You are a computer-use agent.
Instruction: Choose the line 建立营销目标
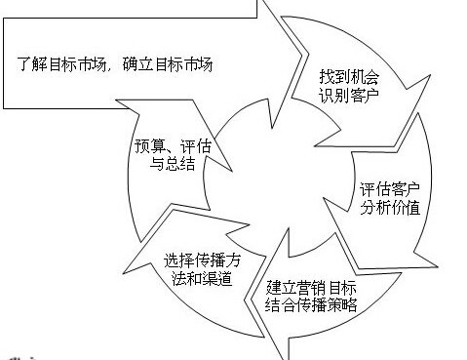tap(312, 288)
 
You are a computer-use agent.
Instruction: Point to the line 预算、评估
tap(175, 147)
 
